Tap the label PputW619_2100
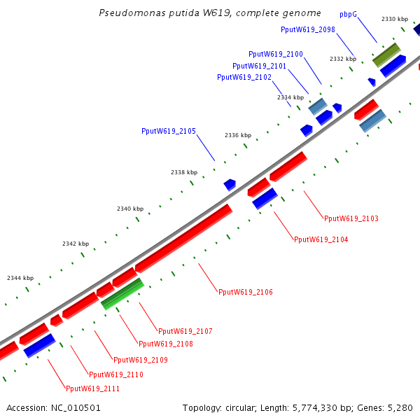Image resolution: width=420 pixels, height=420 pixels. [x=275, y=54]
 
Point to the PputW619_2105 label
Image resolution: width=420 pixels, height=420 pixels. [x=168, y=131]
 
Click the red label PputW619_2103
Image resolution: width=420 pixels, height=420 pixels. [x=351, y=219]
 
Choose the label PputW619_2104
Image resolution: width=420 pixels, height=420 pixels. [x=321, y=239]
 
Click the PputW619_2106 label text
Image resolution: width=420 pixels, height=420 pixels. [x=245, y=292]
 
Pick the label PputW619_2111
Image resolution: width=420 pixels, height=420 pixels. [x=92, y=388]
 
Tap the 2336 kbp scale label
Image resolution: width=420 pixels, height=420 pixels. [x=238, y=135]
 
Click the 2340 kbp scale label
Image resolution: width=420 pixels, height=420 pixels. [x=130, y=209]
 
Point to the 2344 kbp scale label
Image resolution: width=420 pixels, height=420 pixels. [x=20, y=278]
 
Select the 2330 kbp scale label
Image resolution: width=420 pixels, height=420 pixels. [x=395, y=19]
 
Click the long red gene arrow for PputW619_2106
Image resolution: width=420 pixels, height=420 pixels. [x=183, y=238]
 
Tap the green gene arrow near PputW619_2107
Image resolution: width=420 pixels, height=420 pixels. [x=122, y=294]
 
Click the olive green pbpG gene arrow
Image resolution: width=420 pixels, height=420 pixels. [x=386, y=55]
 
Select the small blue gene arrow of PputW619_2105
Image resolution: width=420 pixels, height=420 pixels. [x=230, y=185]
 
